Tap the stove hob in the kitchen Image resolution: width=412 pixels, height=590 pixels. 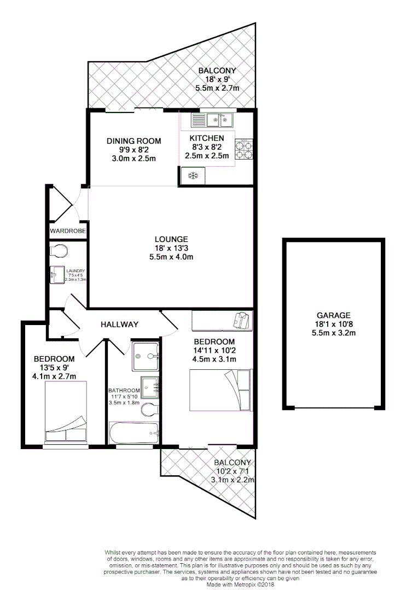pos(245,149)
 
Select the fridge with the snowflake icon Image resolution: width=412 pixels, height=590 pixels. pos(193,175)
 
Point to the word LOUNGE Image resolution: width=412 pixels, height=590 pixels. pos(171,239)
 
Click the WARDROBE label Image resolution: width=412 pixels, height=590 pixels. pos(68,231)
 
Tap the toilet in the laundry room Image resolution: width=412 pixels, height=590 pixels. pos(59,251)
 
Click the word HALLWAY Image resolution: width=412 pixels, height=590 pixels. pos(119,324)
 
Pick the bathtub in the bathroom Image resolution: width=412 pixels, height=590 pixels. pos(134,433)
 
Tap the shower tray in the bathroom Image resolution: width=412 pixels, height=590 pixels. pos(146,356)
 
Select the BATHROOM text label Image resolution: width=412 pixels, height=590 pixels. pos(124,391)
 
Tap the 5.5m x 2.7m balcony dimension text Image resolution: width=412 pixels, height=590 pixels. pos(217,88)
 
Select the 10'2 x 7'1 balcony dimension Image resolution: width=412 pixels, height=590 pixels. pos(233,471)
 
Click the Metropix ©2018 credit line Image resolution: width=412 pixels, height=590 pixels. pos(240,584)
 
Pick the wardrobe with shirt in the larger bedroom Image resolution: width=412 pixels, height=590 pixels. pos(222,321)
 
